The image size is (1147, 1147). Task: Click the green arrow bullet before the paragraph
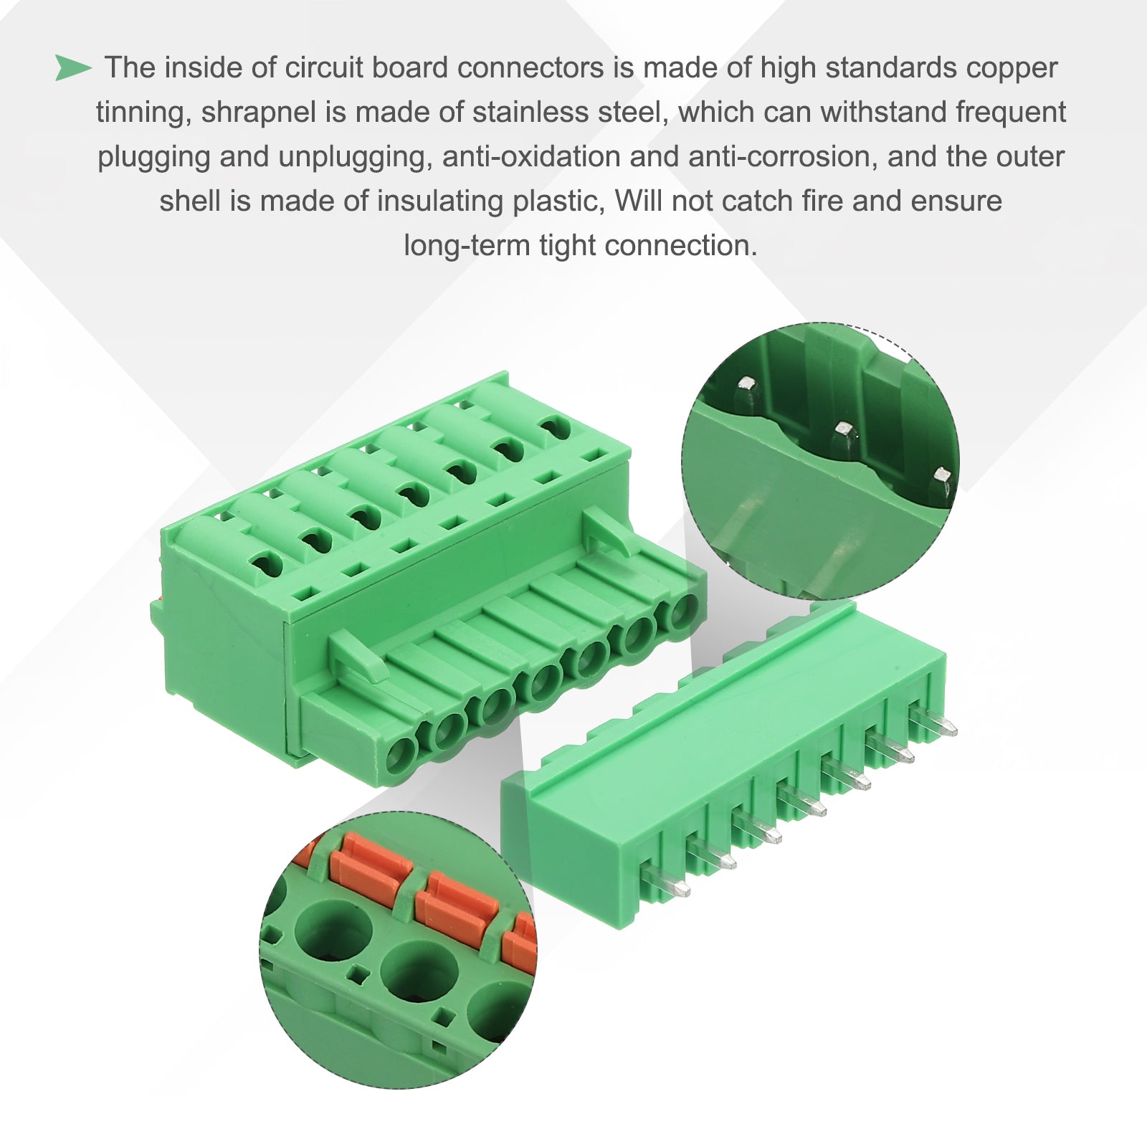(73, 68)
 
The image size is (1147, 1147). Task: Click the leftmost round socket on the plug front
(401, 755)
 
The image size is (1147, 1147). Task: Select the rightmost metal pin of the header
(933, 721)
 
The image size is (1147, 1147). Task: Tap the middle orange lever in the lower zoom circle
(457, 905)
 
